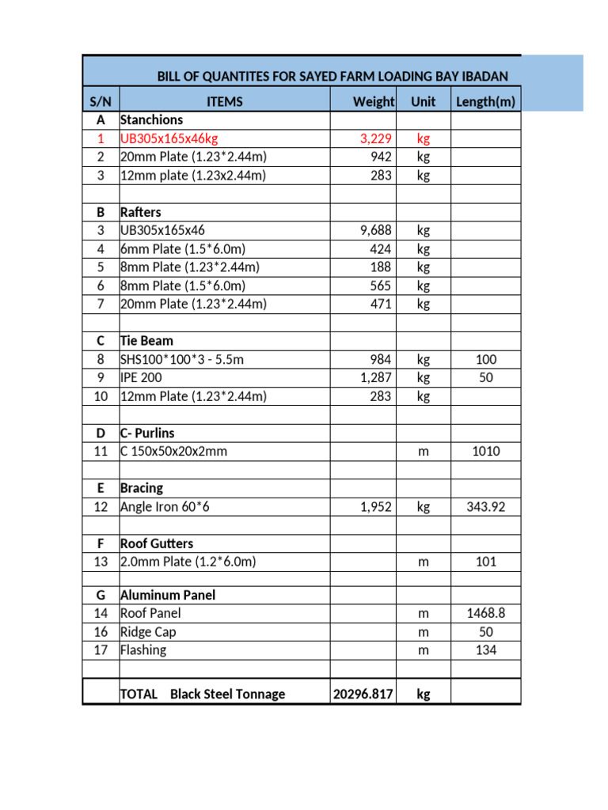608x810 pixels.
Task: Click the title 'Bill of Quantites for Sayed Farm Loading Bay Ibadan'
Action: pos(332,76)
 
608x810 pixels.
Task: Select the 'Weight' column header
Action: pos(373,101)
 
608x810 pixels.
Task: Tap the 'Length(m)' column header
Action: pos(485,101)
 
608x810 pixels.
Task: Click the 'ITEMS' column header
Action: pos(224,101)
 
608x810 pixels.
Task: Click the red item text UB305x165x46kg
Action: pos(169,138)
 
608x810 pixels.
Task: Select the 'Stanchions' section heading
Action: pos(151,120)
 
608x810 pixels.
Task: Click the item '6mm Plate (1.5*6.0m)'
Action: pos(182,249)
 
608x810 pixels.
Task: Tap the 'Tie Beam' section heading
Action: pos(146,341)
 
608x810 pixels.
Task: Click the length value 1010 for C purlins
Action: pos(485,452)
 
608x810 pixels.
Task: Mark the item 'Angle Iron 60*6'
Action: pos(165,507)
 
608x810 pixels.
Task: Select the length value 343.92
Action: pos(485,507)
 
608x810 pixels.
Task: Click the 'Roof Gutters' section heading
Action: pos(156,543)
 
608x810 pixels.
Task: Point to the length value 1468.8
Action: pos(485,613)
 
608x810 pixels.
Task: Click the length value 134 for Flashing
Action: pos(485,650)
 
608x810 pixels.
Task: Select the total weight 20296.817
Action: pos(363,694)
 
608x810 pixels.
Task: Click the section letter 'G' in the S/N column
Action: pos(101,595)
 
